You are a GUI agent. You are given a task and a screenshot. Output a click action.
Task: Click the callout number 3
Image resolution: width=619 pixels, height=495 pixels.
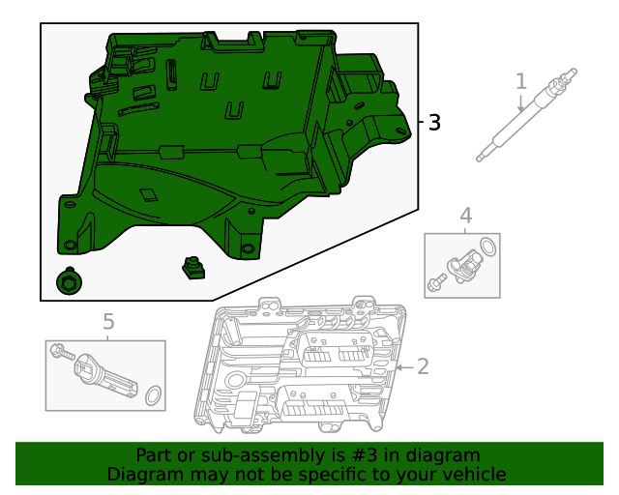pos(434,123)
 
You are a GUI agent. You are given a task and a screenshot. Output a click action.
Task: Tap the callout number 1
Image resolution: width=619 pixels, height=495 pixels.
pos(521,80)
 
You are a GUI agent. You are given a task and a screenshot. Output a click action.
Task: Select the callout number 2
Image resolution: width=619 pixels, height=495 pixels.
pos(422,365)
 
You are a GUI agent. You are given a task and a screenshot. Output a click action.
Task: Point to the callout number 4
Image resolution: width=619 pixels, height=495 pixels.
pos(465,215)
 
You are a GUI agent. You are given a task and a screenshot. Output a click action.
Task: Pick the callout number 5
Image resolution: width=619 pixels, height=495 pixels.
pos(108,321)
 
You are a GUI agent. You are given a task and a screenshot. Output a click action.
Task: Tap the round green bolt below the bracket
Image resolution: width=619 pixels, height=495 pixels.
pos(69,281)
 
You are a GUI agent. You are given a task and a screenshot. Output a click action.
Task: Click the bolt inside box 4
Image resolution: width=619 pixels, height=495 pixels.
pos(435,283)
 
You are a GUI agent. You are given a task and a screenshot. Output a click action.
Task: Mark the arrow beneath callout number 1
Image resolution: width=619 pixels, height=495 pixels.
pos(521,102)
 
